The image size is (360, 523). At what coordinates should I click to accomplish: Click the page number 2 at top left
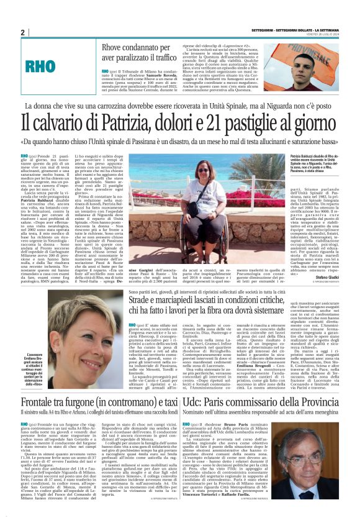[23, 32]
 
